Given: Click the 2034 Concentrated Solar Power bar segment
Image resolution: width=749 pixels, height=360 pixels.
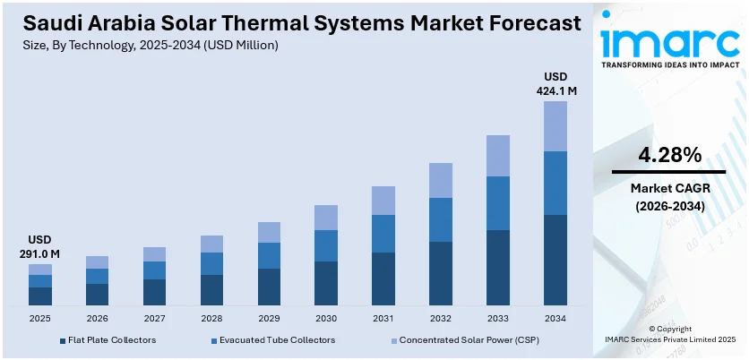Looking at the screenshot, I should coord(555,126).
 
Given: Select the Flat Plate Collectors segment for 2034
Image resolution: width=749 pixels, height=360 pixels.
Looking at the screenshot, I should coord(555,260).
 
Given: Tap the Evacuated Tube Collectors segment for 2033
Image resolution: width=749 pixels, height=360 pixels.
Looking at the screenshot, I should coord(498,203).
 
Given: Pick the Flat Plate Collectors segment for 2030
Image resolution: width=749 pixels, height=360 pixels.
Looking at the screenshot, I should coord(326,283).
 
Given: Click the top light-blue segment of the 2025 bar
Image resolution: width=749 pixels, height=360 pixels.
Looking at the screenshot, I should coord(40,270).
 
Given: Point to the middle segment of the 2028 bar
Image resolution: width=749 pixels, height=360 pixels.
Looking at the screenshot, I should coord(211,263).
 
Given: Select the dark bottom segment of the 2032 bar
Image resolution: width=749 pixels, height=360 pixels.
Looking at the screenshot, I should coord(441,273).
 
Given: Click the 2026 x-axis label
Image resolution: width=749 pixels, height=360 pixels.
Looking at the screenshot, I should coord(97,318).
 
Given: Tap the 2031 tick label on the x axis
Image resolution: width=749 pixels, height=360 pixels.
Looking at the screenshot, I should coord(383,318).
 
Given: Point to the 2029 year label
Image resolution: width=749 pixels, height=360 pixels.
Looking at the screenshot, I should coord(269,318).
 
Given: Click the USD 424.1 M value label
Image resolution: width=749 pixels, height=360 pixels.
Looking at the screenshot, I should coord(555,83).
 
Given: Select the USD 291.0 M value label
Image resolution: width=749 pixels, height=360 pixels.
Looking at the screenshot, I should coord(40,247).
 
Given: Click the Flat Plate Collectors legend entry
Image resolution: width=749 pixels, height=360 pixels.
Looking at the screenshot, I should coord(108,340).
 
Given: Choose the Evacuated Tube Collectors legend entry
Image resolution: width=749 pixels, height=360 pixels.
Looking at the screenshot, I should coord(276,340).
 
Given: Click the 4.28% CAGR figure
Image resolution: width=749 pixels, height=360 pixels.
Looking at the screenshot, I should coord(669,154).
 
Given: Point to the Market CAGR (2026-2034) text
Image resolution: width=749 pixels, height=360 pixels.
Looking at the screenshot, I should coord(668,197).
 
